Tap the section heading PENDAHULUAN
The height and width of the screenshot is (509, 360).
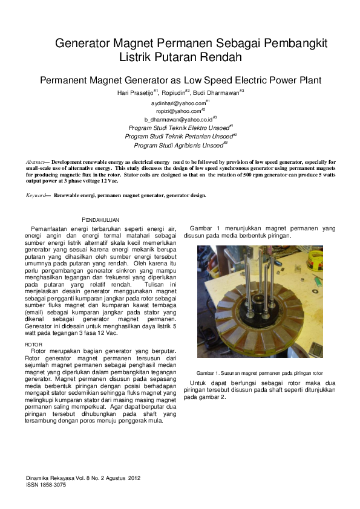(100, 221)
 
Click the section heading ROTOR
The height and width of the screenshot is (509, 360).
(34, 345)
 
